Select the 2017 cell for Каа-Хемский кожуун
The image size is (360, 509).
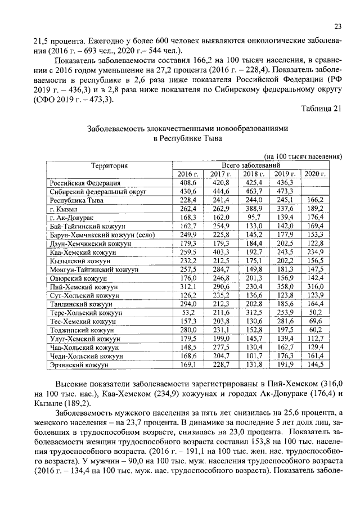[220, 253]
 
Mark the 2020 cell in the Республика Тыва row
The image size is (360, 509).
[316, 200]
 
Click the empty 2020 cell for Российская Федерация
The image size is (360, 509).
[316, 183]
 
